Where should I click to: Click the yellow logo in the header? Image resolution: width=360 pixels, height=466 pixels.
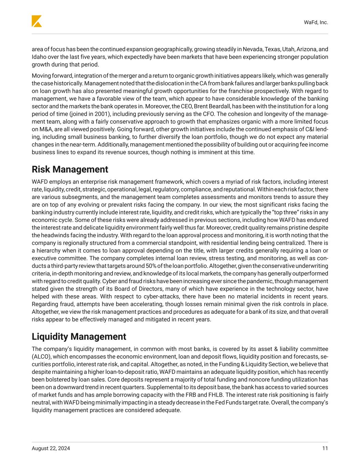click(37, 21)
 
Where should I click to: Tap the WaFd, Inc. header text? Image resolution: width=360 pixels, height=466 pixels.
click(316, 23)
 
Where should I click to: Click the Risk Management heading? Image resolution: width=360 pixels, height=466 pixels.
click(70, 169)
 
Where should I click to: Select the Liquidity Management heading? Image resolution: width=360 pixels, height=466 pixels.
click(79, 337)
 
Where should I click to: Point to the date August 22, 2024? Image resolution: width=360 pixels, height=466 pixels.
click(51, 448)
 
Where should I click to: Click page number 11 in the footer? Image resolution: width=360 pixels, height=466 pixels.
click(325, 448)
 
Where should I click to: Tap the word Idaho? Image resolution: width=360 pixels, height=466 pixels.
click(39, 57)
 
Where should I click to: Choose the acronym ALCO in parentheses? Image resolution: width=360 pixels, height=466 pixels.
click(40, 356)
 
